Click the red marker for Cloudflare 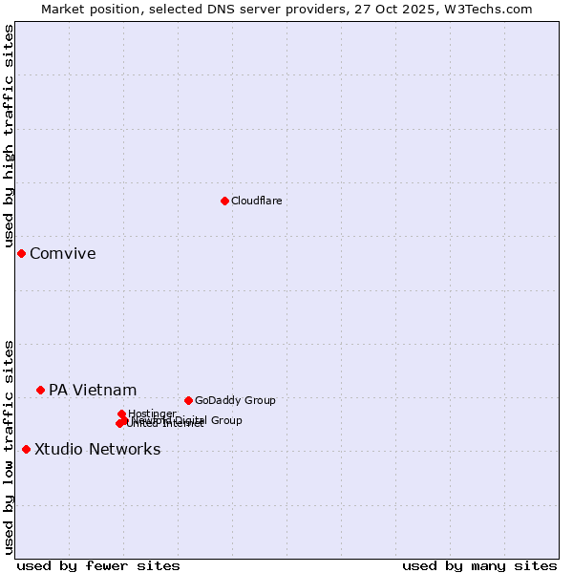point(224,201)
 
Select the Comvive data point point(21,253)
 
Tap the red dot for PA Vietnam point(40,390)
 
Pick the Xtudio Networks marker point(26,449)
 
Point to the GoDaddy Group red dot point(188,400)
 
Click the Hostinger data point point(121,414)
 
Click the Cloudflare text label point(256,201)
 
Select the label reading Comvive point(62,253)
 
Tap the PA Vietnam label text point(93,390)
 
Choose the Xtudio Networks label point(97,449)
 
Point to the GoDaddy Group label point(235,400)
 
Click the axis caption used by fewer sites point(98,565)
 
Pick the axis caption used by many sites point(479,565)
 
